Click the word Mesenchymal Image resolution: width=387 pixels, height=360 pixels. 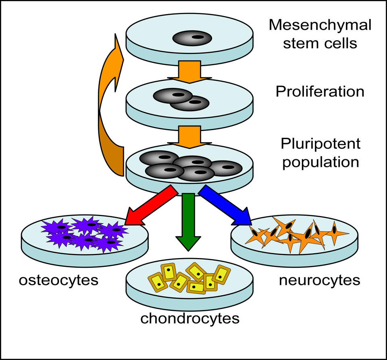tap(320, 25)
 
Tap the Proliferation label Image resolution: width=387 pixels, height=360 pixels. tap(320, 92)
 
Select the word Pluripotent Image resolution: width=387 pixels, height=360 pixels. tap(320, 144)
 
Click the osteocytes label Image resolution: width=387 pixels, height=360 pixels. tap(58, 280)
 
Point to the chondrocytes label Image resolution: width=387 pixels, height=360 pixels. tap(189, 318)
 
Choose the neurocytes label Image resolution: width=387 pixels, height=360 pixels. tap(319, 280)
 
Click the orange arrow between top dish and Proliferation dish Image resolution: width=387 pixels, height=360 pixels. tap(189, 71)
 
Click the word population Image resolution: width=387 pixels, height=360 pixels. tap(320, 162)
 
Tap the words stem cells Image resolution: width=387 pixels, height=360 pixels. tap(320, 43)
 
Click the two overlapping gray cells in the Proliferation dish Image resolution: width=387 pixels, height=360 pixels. tap(181, 99)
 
